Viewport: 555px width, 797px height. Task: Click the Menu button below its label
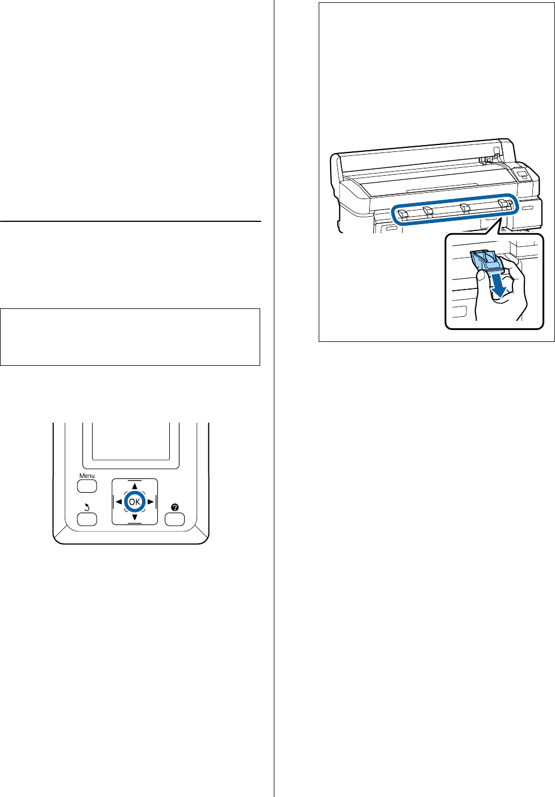pyautogui.click(x=87, y=486)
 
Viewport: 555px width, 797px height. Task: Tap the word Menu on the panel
pyautogui.click(x=87, y=476)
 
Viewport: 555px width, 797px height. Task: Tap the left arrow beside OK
pyautogui.click(x=119, y=502)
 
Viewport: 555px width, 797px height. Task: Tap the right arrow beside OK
pyautogui.click(x=151, y=502)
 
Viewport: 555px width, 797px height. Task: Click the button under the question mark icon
pyautogui.click(x=174, y=519)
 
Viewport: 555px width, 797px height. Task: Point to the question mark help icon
pyautogui.click(x=174, y=507)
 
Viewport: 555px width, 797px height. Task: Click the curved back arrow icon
pyautogui.click(x=87, y=507)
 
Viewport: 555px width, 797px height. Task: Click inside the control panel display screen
pyautogui.click(x=131, y=441)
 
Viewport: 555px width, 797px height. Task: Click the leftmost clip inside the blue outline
pyautogui.click(x=403, y=214)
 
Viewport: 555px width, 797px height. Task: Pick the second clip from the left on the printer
pyautogui.click(x=429, y=211)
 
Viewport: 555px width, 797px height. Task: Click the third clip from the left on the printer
pyautogui.click(x=465, y=208)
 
